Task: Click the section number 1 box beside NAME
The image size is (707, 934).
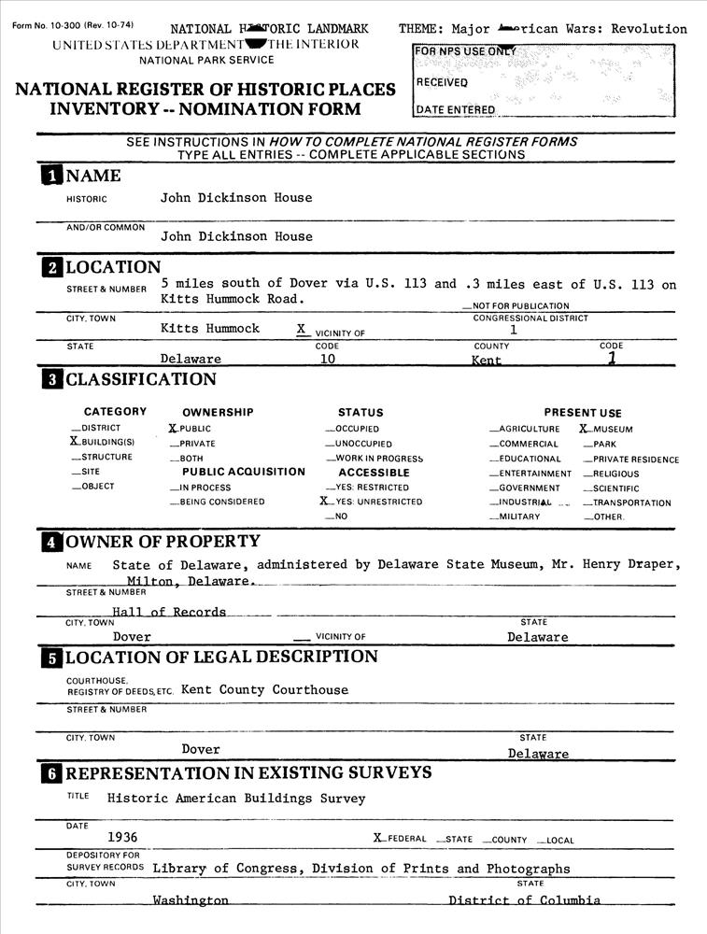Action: (50, 177)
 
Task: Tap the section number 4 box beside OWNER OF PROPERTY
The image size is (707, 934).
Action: (50, 542)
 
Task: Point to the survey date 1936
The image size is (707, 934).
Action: (122, 837)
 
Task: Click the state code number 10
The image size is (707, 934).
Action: (328, 359)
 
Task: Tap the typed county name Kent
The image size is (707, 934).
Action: (487, 360)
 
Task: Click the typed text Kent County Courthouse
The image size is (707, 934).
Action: (264, 690)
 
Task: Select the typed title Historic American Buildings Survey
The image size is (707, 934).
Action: (236, 799)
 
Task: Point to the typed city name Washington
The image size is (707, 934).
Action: (191, 900)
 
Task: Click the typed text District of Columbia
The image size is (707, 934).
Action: (524, 900)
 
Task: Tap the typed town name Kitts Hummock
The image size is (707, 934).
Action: (210, 329)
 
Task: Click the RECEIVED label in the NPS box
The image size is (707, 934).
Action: (442, 82)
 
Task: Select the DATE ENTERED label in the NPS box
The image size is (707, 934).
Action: (456, 109)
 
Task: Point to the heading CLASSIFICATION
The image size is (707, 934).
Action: (140, 379)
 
